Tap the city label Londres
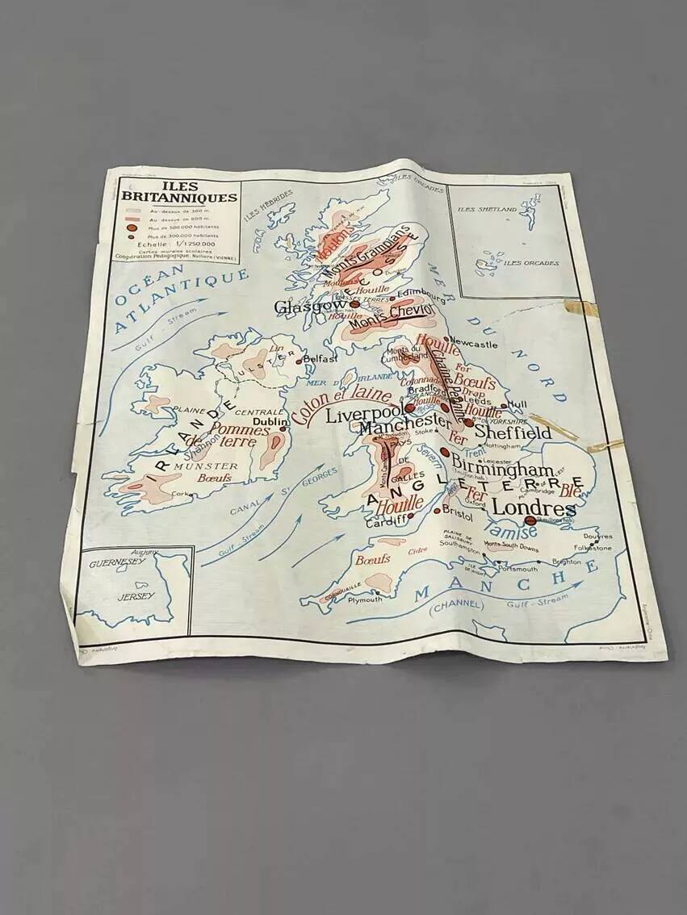(x=533, y=508)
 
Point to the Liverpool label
(x=364, y=416)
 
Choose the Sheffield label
(x=512, y=433)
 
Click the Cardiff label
(x=385, y=522)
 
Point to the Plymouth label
(x=366, y=600)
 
